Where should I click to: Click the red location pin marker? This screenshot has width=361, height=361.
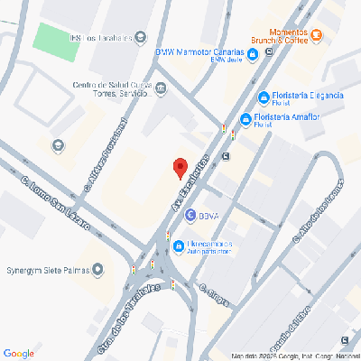click(x=180, y=167)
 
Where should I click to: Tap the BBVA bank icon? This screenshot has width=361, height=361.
click(x=190, y=216)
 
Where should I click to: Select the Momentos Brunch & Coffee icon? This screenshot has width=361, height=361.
click(x=318, y=35)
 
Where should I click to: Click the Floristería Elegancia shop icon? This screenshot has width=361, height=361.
click(x=264, y=97)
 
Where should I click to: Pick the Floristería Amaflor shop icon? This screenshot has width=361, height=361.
click(x=245, y=118)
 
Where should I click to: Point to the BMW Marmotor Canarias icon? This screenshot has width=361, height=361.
click(x=253, y=54)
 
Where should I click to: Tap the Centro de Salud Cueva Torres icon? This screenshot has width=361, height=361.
click(x=161, y=88)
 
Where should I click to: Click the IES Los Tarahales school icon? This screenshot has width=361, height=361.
click(x=141, y=37)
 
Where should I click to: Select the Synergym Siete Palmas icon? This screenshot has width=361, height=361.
click(x=97, y=269)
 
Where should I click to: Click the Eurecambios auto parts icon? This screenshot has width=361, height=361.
click(x=179, y=245)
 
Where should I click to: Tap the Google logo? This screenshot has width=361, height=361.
click(x=19, y=352)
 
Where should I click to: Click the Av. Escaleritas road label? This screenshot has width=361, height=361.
click(x=188, y=183)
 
